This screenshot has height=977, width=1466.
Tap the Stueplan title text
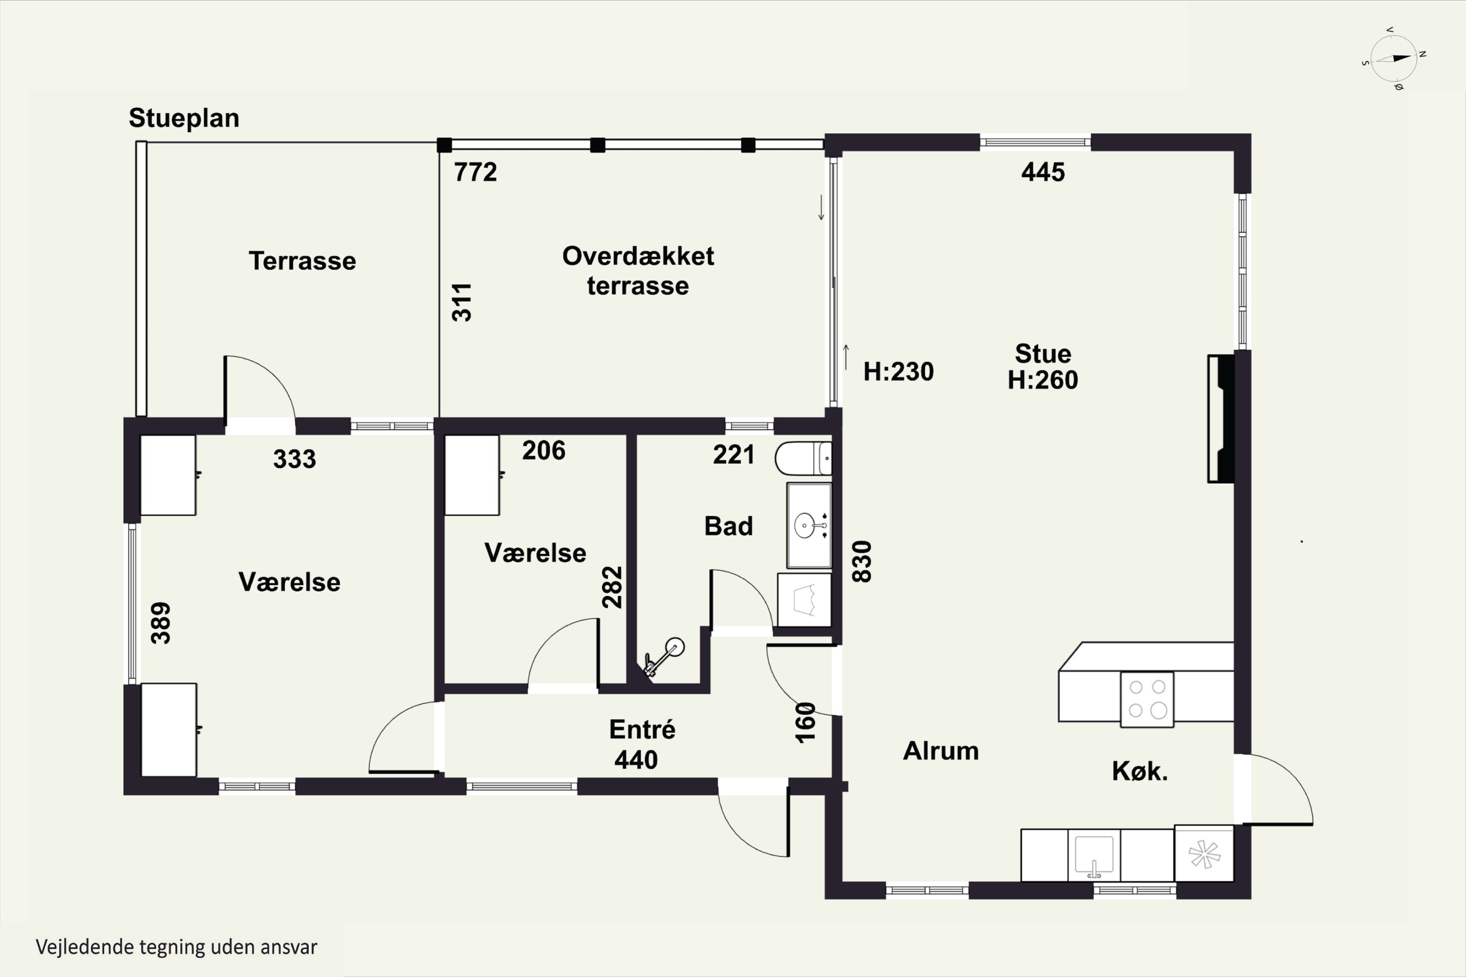184,118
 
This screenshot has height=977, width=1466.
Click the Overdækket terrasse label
638,271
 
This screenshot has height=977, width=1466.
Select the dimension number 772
475,172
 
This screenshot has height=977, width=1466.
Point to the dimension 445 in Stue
1043,172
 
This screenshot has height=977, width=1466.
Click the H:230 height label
898,371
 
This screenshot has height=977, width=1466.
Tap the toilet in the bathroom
803,459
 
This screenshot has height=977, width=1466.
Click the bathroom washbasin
809,525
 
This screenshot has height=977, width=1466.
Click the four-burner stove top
1147,699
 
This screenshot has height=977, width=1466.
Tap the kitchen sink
1094,855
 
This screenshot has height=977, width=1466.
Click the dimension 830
862,561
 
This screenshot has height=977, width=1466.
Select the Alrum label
941,751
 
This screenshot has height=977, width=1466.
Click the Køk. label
1140,771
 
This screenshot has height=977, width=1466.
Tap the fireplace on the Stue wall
1222,418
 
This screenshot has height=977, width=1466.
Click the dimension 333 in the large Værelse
295,459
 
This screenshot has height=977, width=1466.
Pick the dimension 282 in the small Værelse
612,587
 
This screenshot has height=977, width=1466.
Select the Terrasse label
302,260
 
